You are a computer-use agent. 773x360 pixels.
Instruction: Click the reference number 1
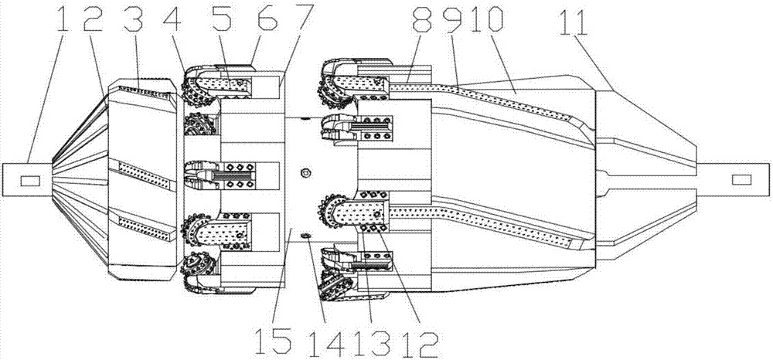pos(63,19)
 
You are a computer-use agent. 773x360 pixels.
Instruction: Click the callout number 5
pos(225,19)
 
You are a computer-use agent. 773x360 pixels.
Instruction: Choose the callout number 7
pos(304,19)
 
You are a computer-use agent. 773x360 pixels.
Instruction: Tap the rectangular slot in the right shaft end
pos(742,180)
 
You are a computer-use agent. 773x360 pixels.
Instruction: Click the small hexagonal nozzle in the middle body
pos(305,172)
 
